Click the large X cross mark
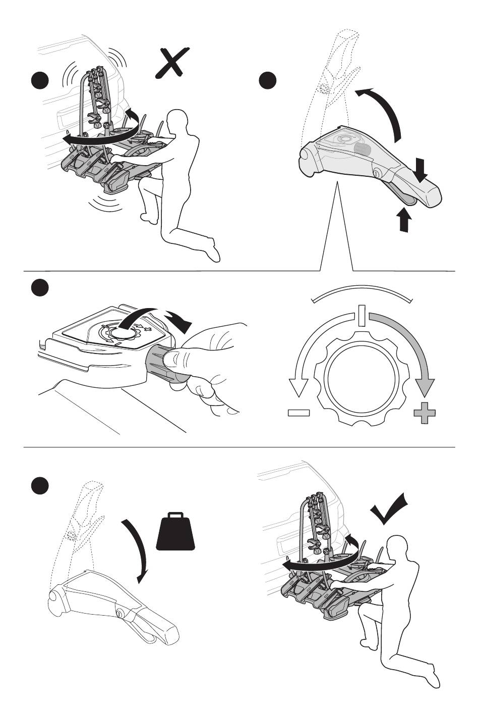(x=173, y=63)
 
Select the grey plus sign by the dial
(x=424, y=413)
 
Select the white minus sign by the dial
(x=299, y=413)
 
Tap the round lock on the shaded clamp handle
(x=377, y=173)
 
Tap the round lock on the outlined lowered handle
(x=121, y=613)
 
